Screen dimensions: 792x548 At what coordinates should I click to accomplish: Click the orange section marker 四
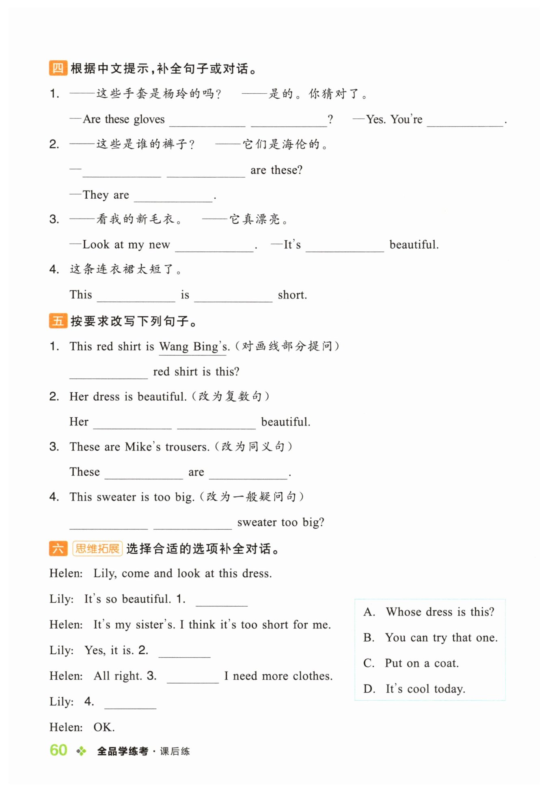(x=58, y=68)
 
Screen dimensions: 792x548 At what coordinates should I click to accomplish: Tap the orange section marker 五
(x=58, y=321)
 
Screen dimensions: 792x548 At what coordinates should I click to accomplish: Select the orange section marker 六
(x=58, y=549)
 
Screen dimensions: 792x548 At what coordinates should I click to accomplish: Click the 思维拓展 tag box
(x=97, y=549)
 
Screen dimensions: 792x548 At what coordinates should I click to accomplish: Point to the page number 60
(x=58, y=750)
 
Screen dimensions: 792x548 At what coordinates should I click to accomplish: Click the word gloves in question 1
(x=149, y=120)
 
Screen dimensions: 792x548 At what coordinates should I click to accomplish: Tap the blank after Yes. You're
(x=465, y=121)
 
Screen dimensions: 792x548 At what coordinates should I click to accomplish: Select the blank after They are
(x=173, y=196)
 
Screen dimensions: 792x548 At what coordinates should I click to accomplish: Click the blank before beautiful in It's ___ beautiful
(x=345, y=246)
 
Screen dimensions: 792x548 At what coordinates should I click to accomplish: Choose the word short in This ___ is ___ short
(x=292, y=295)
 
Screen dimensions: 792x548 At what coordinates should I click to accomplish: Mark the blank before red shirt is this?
(x=108, y=373)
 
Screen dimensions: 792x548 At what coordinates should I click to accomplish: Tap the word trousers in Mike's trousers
(x=187, y=447)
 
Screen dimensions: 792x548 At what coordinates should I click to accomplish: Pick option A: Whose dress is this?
(x=440, y=612)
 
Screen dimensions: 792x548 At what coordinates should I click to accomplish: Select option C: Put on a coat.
(x=421, y=663)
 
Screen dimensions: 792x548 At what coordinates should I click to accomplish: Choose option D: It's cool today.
(x=425, y=689)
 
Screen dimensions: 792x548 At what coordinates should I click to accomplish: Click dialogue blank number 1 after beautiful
(x=222, y=600)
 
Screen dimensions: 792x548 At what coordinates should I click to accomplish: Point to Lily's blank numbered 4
(x=130, y=703)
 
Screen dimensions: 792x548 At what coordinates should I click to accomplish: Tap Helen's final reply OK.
(x=104, y=728)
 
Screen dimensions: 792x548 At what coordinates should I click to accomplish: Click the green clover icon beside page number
(x=81, y=751)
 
